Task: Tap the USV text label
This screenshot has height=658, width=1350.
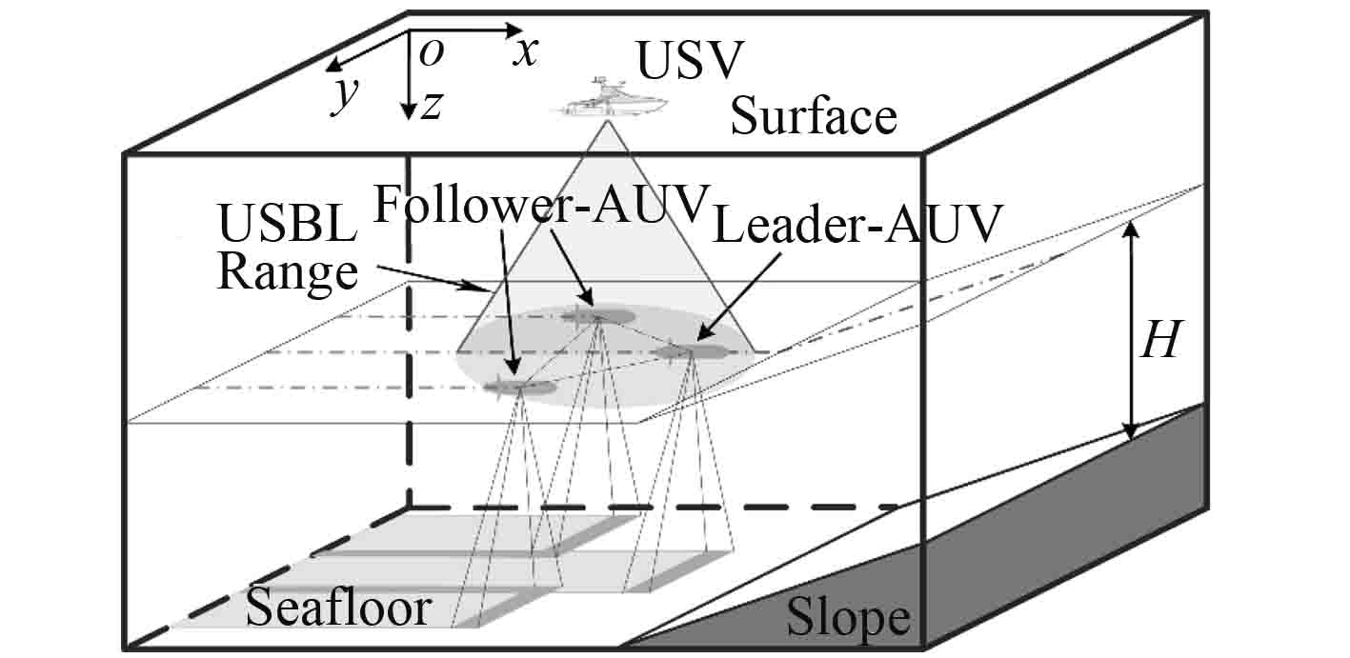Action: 688,63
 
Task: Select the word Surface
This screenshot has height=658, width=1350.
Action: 814,117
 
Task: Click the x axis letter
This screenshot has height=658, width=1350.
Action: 525,52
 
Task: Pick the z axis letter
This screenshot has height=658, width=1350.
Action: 432,106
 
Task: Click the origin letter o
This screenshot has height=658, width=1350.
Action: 432,54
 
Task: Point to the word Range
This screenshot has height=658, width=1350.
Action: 288,273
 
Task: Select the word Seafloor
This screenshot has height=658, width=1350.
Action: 339,607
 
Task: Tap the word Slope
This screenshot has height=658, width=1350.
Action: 847,619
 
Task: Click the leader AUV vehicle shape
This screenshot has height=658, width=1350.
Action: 691,352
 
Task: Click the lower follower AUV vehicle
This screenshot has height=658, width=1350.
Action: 519,386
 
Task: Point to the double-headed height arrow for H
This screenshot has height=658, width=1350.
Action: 1131,329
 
